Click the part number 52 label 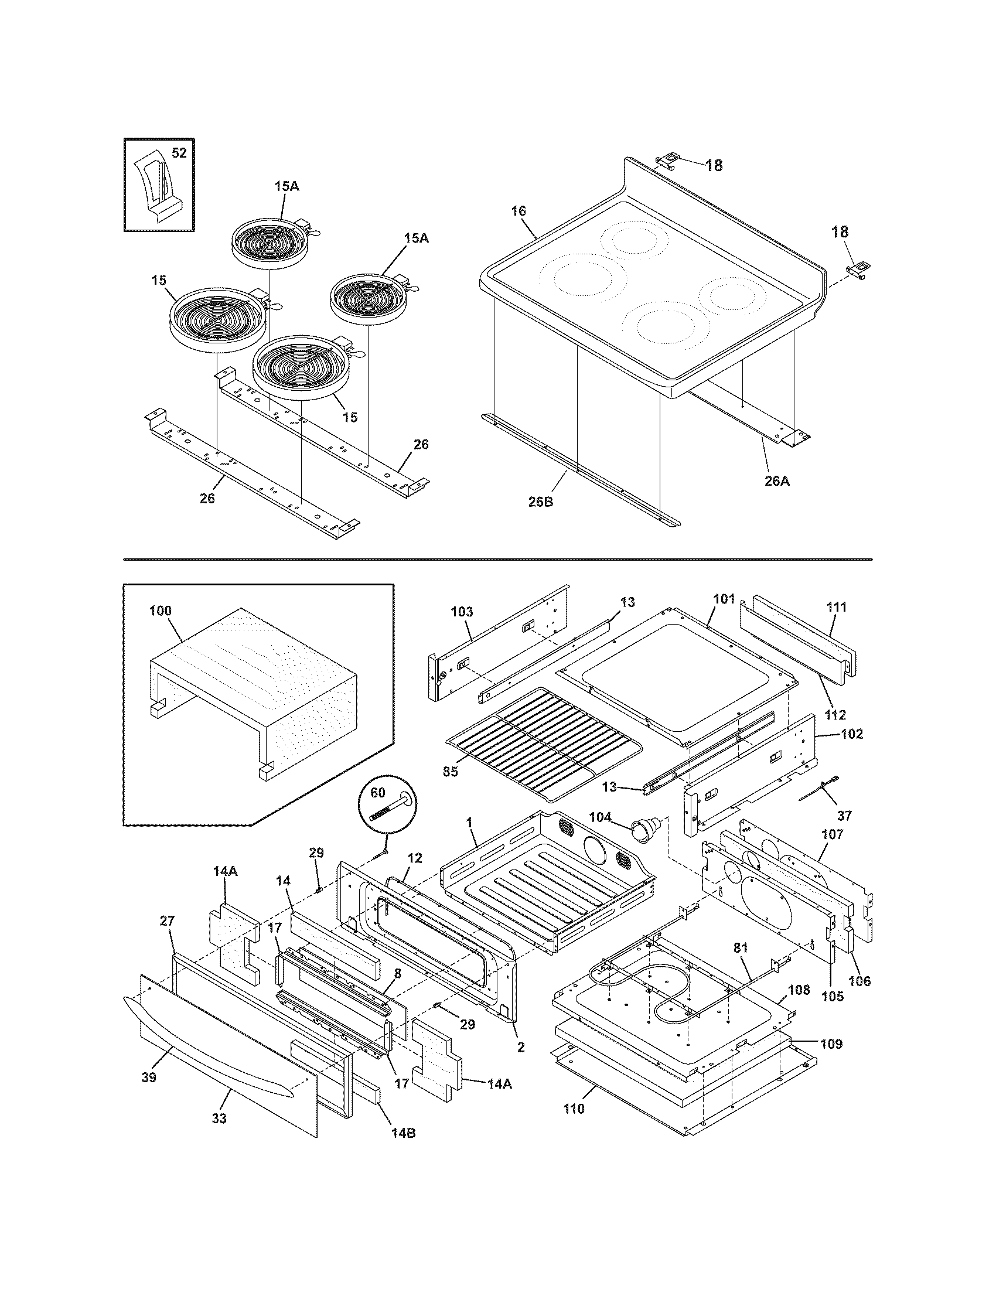point(179,153)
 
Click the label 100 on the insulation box point(161,611)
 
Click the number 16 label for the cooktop point(518,212)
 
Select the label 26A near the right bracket point(776,481)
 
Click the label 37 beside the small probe point(844,816)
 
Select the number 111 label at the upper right point(836,607)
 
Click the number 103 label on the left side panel point(462,612)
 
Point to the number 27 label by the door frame point(168,921)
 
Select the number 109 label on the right point(831,1044)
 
